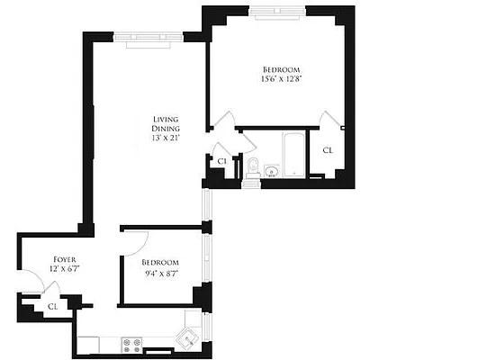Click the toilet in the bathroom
click(x=253, y=166)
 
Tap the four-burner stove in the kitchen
click(x=131, y=342)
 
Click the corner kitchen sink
click(x=188, y=338)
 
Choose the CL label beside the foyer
click(x=52, y=305)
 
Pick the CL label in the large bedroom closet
click(x=328, y=150)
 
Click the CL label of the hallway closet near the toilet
click(x=221, y=160)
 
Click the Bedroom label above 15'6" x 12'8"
click(x=281, y=69)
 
